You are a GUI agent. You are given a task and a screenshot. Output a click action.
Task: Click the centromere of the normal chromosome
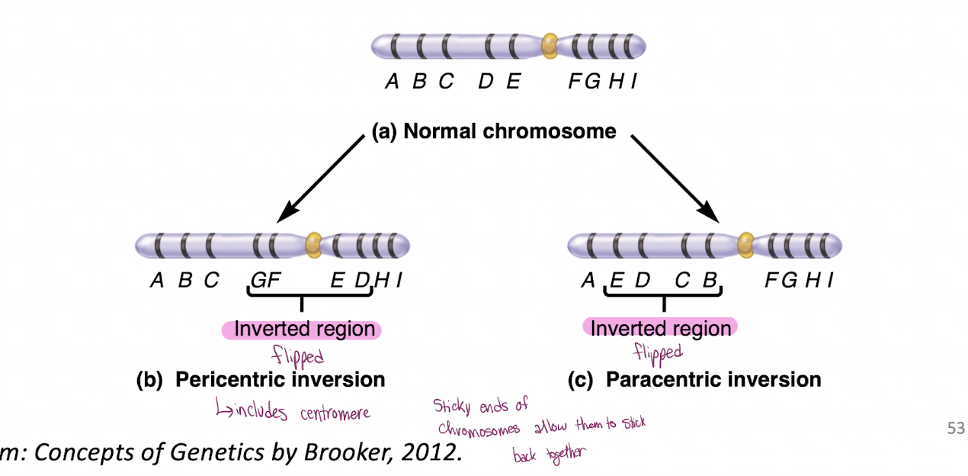[x=549, y=46]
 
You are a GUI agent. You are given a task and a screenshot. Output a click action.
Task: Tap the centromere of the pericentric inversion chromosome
[x=313, y=245]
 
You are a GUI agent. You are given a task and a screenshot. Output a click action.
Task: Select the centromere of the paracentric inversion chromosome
[x=745, y=245]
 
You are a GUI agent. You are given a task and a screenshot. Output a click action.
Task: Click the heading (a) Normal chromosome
[x=493, y=131]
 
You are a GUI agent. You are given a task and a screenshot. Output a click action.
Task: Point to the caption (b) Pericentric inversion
[x=260, y=379]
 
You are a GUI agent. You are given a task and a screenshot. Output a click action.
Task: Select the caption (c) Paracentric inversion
[x=694, y=379]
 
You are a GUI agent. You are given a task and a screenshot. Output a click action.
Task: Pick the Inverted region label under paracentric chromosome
[x=660, y=328]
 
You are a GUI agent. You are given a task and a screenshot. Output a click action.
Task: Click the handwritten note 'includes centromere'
[x=293, y=413]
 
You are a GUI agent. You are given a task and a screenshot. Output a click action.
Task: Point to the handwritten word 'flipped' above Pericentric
[x=298, y=355]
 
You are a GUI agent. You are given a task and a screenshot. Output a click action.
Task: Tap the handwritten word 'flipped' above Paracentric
[x=658, y=352]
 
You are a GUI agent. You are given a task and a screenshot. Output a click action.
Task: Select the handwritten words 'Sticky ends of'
[x=480, y=405]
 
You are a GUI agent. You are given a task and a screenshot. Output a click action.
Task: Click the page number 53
[x=955, y=429]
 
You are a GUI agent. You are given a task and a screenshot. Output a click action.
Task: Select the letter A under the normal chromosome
[x=392, y=82]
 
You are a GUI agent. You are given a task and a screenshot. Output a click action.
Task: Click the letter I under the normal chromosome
[x=633, y=82]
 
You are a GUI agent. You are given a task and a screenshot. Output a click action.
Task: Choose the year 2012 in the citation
[x=430, y=453]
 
